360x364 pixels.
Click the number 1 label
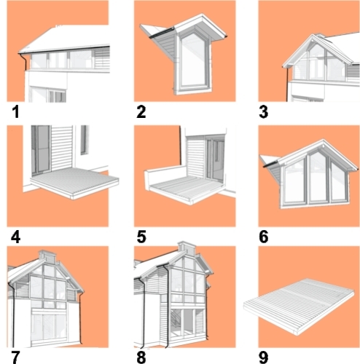click(15, 112)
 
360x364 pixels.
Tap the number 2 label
click(141, 112)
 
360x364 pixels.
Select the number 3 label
click(264, 112)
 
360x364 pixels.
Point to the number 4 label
click(16, 237)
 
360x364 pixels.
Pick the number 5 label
click(141, 237)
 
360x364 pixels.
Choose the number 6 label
click(264, 237)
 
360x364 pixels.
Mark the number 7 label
click(15, 357)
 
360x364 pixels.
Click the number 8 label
click(141, 357)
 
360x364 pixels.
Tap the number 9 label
click(264, 357)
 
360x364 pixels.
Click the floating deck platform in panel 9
click(299, 306)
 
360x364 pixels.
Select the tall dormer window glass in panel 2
click(194, 60)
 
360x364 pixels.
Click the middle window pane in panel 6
click(318, 177)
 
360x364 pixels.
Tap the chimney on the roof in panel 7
click(47, 257)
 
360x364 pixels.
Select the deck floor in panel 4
click(74, 181)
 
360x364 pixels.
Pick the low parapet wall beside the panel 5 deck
click(165, 176)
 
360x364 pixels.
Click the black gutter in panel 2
click(162, 33)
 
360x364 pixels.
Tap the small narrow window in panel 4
click(84, 140)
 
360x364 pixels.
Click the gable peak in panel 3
click(313, 35)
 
